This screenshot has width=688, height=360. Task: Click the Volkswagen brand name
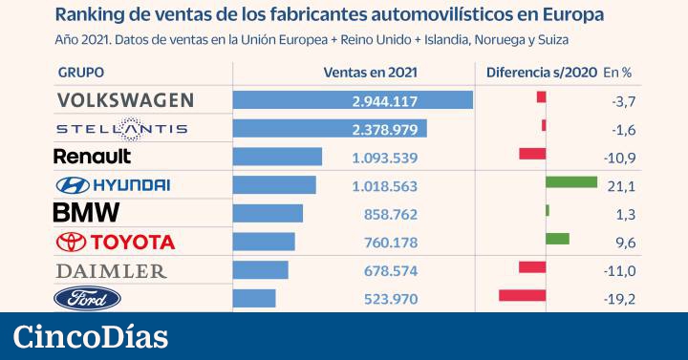coord(125,100)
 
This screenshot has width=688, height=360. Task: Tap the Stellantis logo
coord(121,129)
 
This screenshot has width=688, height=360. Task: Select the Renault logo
coord(93,156)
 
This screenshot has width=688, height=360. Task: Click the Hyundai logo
coord(113,185)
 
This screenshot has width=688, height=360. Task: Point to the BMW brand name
coord(86,213)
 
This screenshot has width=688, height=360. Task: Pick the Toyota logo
coord(116,242)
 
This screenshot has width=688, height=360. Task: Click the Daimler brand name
coord(111,270)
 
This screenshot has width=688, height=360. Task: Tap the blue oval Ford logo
coord(87,299)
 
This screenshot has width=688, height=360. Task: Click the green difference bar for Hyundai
coord(570,182)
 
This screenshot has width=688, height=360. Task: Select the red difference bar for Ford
coord(522,296)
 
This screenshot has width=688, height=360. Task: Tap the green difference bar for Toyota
coord(557,239)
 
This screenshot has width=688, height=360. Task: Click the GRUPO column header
coord(81,73)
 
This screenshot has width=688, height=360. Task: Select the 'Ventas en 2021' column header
coord(371,73)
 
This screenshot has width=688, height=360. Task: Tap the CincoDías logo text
coord(91,336)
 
